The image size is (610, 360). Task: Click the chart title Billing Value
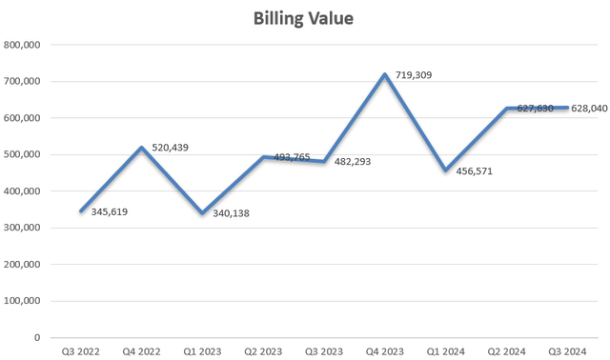point(304,19)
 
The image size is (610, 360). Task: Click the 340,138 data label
point(228,213)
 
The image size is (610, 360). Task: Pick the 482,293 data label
point(352,162)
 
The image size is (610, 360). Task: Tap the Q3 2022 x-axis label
point(80,351)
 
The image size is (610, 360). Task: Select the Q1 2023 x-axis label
point(202,351)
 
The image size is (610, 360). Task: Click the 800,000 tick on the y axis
point(21,45)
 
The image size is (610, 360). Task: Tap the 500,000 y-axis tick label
point(21,154)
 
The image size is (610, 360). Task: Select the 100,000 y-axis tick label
point(21,301)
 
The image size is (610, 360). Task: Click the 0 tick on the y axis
point(37,337)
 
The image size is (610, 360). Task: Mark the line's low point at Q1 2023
point(202,212)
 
